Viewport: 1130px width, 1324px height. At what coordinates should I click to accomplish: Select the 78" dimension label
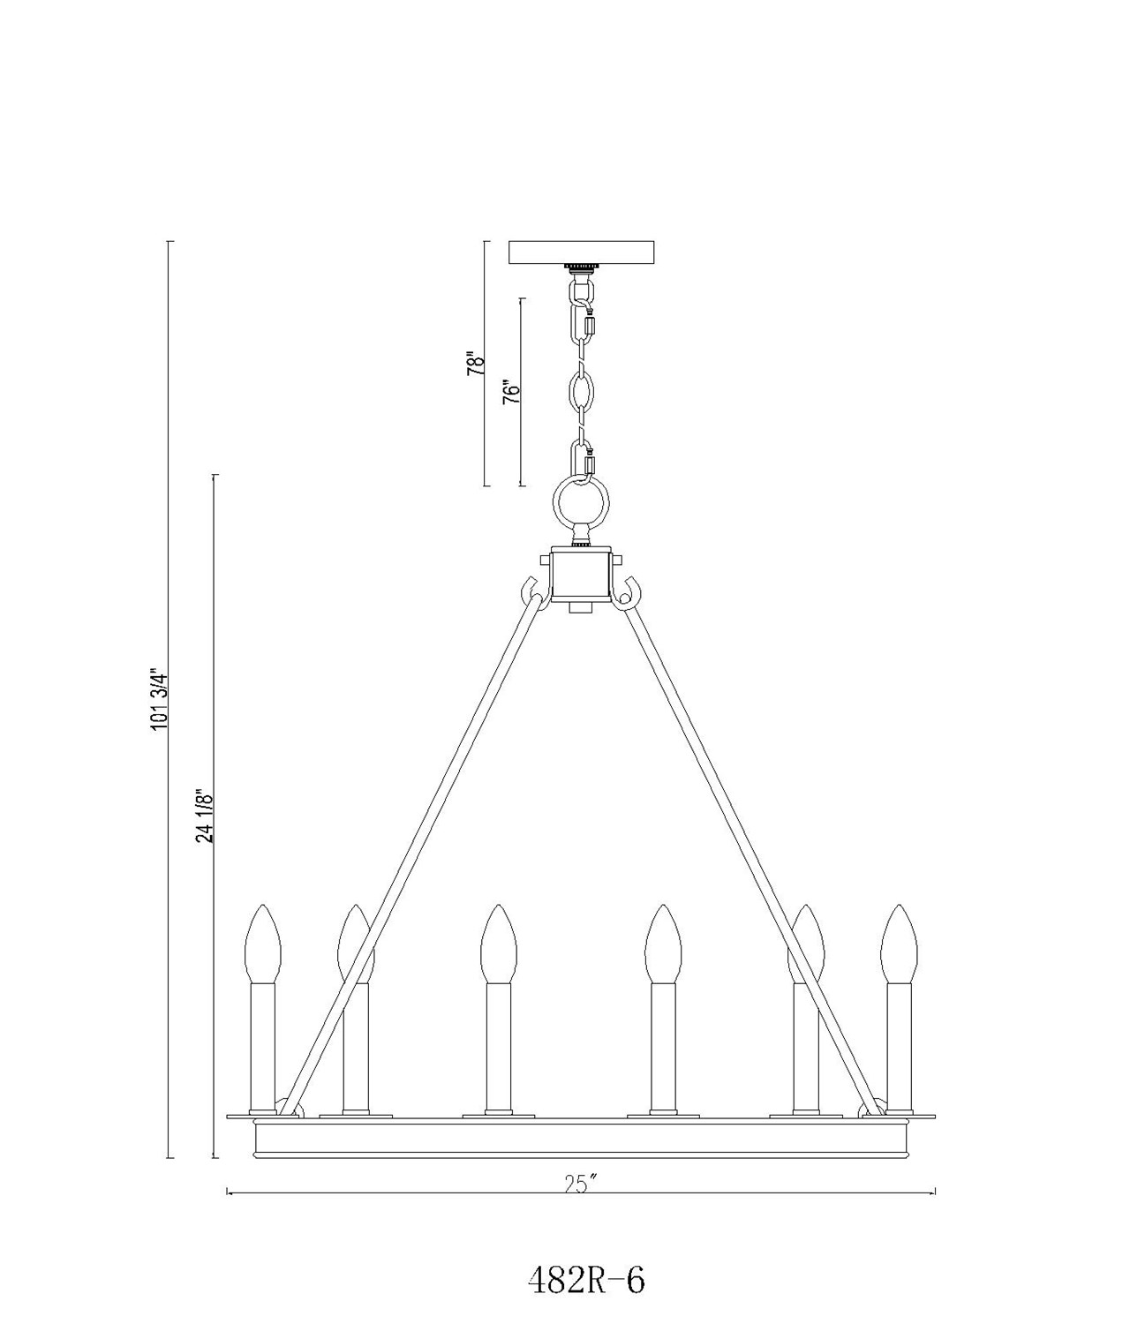[475, 363]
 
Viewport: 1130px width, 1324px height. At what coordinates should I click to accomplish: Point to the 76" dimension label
[510, 392]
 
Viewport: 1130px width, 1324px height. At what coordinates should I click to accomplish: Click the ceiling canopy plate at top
[582, 252]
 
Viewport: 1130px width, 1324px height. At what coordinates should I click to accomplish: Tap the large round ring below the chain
[581, 501]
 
